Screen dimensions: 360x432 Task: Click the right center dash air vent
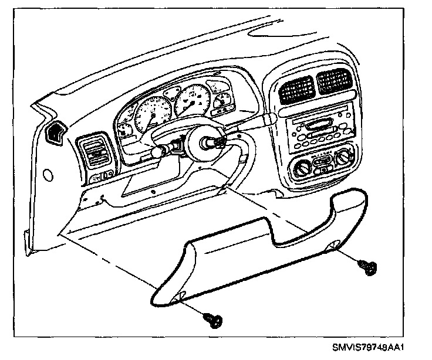[333, 80]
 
